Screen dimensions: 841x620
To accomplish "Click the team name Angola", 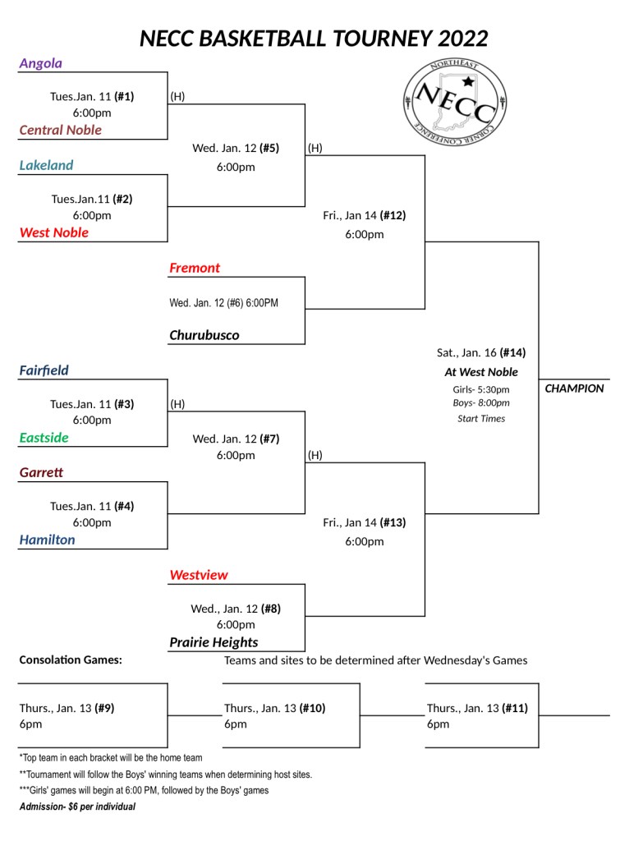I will pyautogui.click(x=41, y=63).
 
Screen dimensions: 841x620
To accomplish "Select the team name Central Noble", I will pyautogui.click(x=61, y=130).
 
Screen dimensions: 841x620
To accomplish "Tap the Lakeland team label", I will pyautogui.click(x=47, y=165).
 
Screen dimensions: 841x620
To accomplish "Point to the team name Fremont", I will pyautogui.click(x=195, y=268).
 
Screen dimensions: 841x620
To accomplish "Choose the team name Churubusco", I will pyautogui.click(x=204, y=335).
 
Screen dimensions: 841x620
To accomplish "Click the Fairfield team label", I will pyautogui.click(x=44, y=370).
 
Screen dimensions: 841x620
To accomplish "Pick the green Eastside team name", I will pyautogui.click(x=44, y=438).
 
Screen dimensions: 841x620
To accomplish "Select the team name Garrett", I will pyautogui.click(x=42, y=473).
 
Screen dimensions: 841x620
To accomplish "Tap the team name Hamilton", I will pyautogui.click(x=48, y=540).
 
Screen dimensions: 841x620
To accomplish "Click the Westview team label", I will pyautogui.click(x=199, y=575).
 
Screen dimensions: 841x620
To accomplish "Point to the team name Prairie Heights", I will pyautogui.click(x=214, y=642).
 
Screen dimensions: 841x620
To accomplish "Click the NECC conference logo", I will pyautogui.click(x=455, y=99).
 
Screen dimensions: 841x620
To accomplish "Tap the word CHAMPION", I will pyautogui.click(x=574, y=388).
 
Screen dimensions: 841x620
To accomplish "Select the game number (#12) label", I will pyautogui.click(x=393, y=216).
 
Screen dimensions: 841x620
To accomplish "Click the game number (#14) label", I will pyautogui.click(x=512, y=352).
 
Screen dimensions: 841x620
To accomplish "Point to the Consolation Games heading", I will pyautogui.click(x=71, y=659).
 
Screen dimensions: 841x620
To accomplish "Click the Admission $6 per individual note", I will pyautogui.click(x=77, y=807).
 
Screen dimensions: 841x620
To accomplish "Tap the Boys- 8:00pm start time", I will pyautogui.click(x=481, y=403).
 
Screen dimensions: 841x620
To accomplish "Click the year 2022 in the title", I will pyautogui.click(x=463, y=39).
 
